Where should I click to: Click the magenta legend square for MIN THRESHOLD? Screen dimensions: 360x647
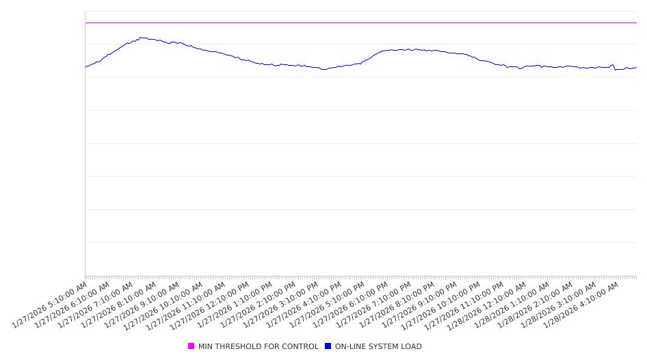192,346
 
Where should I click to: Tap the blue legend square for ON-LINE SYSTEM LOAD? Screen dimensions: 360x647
328,346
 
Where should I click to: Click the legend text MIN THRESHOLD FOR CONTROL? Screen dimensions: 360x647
258,346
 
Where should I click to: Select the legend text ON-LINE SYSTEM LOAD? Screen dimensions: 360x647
378,346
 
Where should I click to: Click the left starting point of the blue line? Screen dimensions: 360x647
85,66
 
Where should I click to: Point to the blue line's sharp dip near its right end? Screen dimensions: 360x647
615,70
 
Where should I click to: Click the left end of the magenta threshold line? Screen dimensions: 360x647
85,23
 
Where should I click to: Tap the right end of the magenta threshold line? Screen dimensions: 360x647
636,23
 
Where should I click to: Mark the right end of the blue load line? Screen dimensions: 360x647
636,67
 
